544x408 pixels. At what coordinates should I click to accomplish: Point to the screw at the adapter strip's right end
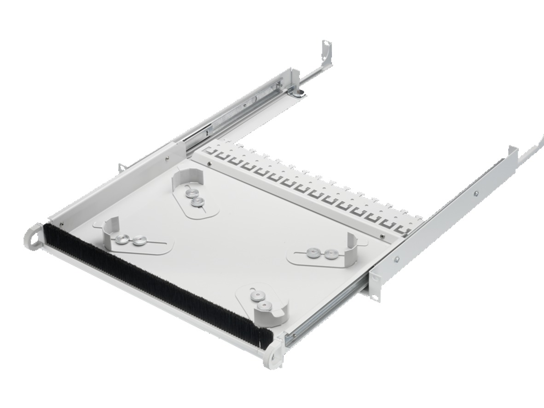click(382, 237)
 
